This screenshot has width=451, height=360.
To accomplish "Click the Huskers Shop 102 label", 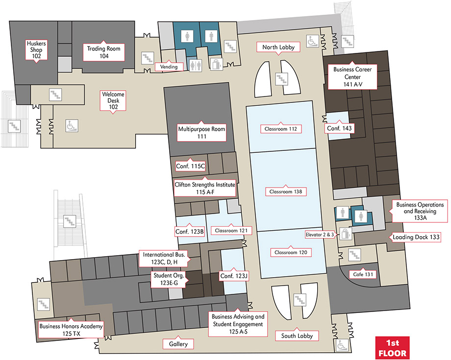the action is (36, 49).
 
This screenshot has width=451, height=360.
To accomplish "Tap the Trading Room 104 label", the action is (104, 52).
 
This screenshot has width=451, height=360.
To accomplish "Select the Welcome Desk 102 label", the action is (113, 100).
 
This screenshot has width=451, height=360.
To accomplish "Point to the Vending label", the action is (169, 67).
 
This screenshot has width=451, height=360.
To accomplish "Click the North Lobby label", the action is (278, 47).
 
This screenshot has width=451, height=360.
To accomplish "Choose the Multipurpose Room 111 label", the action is (201, 132).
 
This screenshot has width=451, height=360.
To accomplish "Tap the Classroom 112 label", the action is (281, 129).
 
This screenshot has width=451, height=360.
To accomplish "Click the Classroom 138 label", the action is (286, 192).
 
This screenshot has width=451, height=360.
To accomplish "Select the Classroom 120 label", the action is (291, 252).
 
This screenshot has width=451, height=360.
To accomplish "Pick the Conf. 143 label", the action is (339, 128).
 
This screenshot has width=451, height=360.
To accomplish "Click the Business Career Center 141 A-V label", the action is (352, 77).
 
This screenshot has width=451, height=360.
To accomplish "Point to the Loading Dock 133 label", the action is (416, 237).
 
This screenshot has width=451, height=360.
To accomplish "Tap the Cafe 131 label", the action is (363, 274).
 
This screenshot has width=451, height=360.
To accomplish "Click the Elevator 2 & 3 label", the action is (320, 235).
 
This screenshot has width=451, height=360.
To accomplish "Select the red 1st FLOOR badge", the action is (392, 348).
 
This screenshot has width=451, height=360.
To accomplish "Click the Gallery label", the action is (178, 344).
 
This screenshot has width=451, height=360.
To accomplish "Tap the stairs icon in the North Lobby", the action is (281, 79).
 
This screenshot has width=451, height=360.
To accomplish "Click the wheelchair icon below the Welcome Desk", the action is (72, 125).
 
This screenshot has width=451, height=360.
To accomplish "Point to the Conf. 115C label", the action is (190, 166).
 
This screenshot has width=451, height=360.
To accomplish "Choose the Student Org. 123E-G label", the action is (169, 279).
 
